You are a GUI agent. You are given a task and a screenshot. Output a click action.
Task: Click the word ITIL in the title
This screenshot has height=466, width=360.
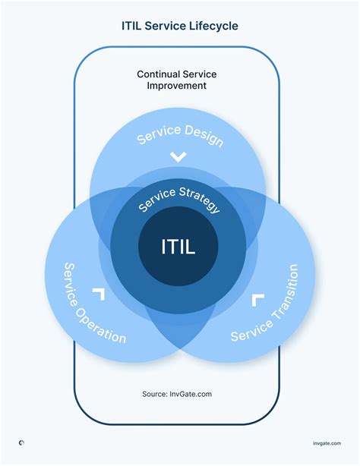[134, 25]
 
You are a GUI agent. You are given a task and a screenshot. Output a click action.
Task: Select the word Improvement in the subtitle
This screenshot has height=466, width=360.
[177, 86]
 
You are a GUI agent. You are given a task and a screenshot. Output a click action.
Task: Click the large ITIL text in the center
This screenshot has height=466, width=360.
[178, 247]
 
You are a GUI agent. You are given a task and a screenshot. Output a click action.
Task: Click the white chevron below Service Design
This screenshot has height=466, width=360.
[178, 157]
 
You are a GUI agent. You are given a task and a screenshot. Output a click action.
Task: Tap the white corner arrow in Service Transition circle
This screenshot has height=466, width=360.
[258, 299]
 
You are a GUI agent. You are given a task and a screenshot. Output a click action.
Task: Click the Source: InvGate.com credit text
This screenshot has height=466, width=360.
[177, 394]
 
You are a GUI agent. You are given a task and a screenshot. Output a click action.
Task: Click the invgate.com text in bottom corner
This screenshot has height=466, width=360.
[327, 443]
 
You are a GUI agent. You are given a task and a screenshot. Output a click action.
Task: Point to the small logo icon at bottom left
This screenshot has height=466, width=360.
[21, 443]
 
